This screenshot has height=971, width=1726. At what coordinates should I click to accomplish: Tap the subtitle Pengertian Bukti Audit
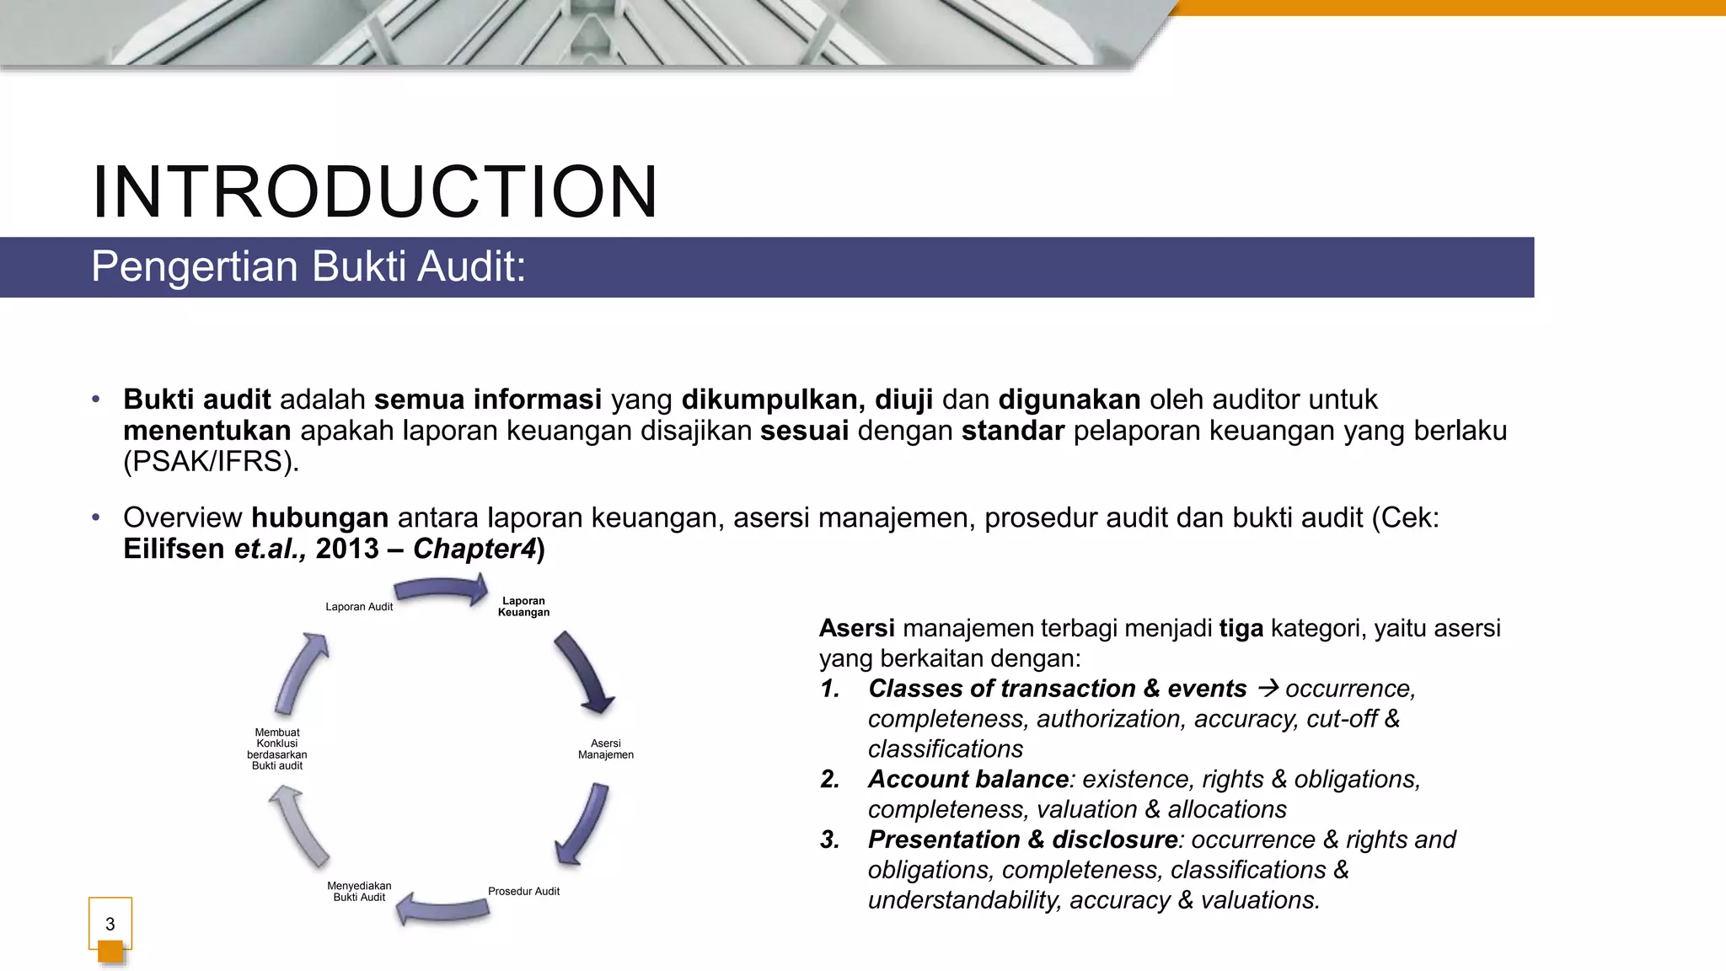coord(308,266)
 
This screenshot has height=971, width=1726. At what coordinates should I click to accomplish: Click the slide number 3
coord(110,924)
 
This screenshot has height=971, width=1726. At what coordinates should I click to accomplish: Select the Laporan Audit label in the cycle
coord(359,607)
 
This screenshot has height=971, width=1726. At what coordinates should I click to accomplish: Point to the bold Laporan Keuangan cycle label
coord(523,607)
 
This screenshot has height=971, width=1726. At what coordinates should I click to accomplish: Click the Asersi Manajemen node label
coord(605,749)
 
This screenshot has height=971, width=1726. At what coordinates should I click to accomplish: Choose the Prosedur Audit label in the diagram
coord(523,891)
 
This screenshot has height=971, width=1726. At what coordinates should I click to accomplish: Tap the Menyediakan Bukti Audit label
coord(359,891)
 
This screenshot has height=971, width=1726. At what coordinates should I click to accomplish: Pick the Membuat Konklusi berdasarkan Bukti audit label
coord(277,748)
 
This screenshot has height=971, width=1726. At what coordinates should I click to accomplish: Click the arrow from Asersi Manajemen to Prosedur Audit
coord(583,823)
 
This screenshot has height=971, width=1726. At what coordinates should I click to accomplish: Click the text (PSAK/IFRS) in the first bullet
coord(211,462)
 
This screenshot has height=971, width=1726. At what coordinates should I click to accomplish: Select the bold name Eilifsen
coord(174,549)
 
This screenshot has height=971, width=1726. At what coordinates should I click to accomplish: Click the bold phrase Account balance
coord(968,779)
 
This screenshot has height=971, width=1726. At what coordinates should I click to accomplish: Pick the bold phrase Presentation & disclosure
coord(1022,840)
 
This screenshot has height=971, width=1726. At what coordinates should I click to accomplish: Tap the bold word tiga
coord(1241,628)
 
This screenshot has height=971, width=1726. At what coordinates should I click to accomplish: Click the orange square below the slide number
coord(110,952)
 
